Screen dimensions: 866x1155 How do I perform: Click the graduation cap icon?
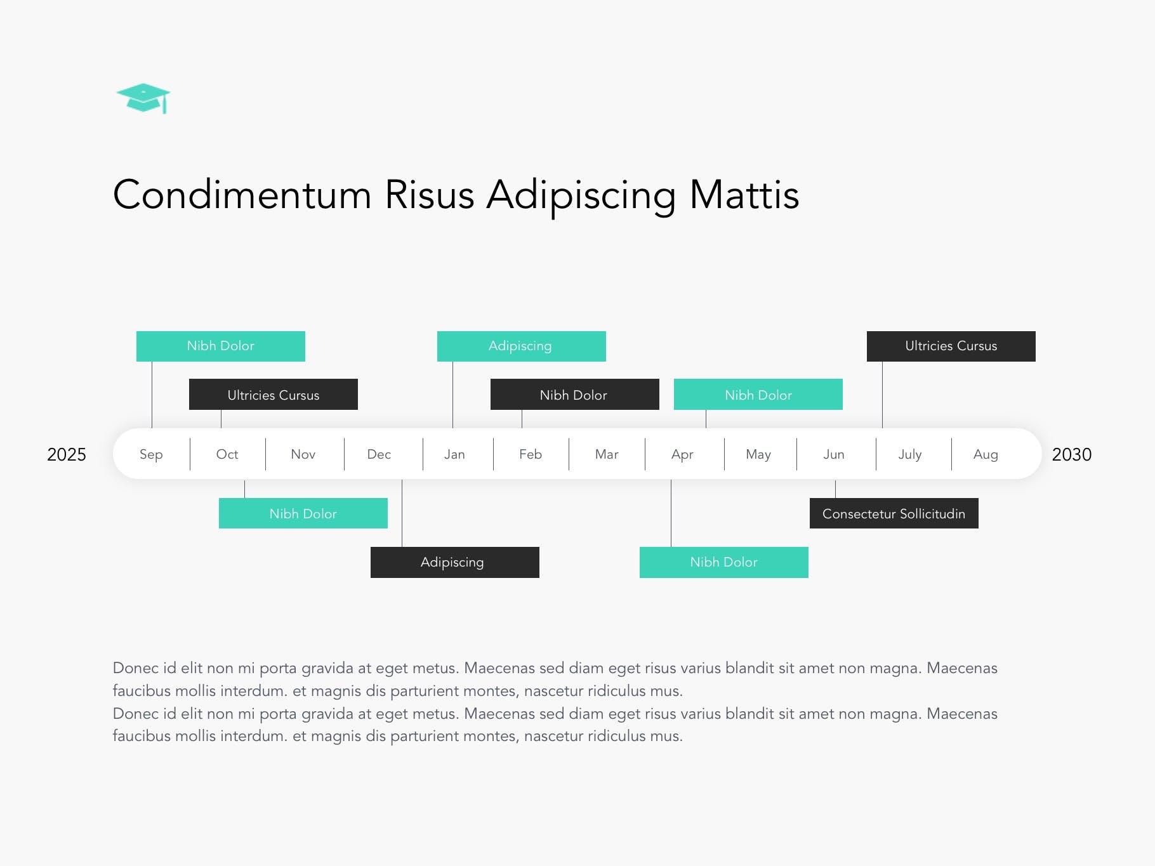tap(143, 98)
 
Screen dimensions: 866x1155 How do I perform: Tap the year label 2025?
tap(67, 454)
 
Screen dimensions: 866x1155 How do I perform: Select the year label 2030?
tap(1071, 454)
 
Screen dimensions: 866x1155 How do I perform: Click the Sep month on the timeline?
tap(151, 454)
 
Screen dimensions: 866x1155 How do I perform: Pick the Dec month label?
tap(379, 454)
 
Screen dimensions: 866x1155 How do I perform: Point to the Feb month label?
tap(531, 454)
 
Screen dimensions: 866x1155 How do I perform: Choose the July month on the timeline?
tap(909, 454)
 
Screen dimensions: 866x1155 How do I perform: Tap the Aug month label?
tap(986, 454)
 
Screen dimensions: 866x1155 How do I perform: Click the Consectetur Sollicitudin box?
tap(894, 513)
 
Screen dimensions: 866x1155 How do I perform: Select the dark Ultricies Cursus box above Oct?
tap(274, 395)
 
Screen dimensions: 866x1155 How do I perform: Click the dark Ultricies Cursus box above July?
tap(951, 346)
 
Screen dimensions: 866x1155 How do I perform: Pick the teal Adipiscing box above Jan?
tap(521, 346)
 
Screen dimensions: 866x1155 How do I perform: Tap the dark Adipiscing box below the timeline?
tap(454, 562)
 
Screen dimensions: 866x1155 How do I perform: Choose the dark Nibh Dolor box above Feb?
tap(574, 395)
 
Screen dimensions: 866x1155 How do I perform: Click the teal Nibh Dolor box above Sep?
tap(220, 346)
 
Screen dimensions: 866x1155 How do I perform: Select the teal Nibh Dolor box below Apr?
tap(723, 562)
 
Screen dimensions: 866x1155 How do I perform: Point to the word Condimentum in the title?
tap(242, 194)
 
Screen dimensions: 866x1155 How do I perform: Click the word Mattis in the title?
tap(744, 194)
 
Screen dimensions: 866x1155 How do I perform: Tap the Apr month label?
tap(682, 454)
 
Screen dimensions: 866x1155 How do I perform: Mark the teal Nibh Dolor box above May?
tap(758, 395)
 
